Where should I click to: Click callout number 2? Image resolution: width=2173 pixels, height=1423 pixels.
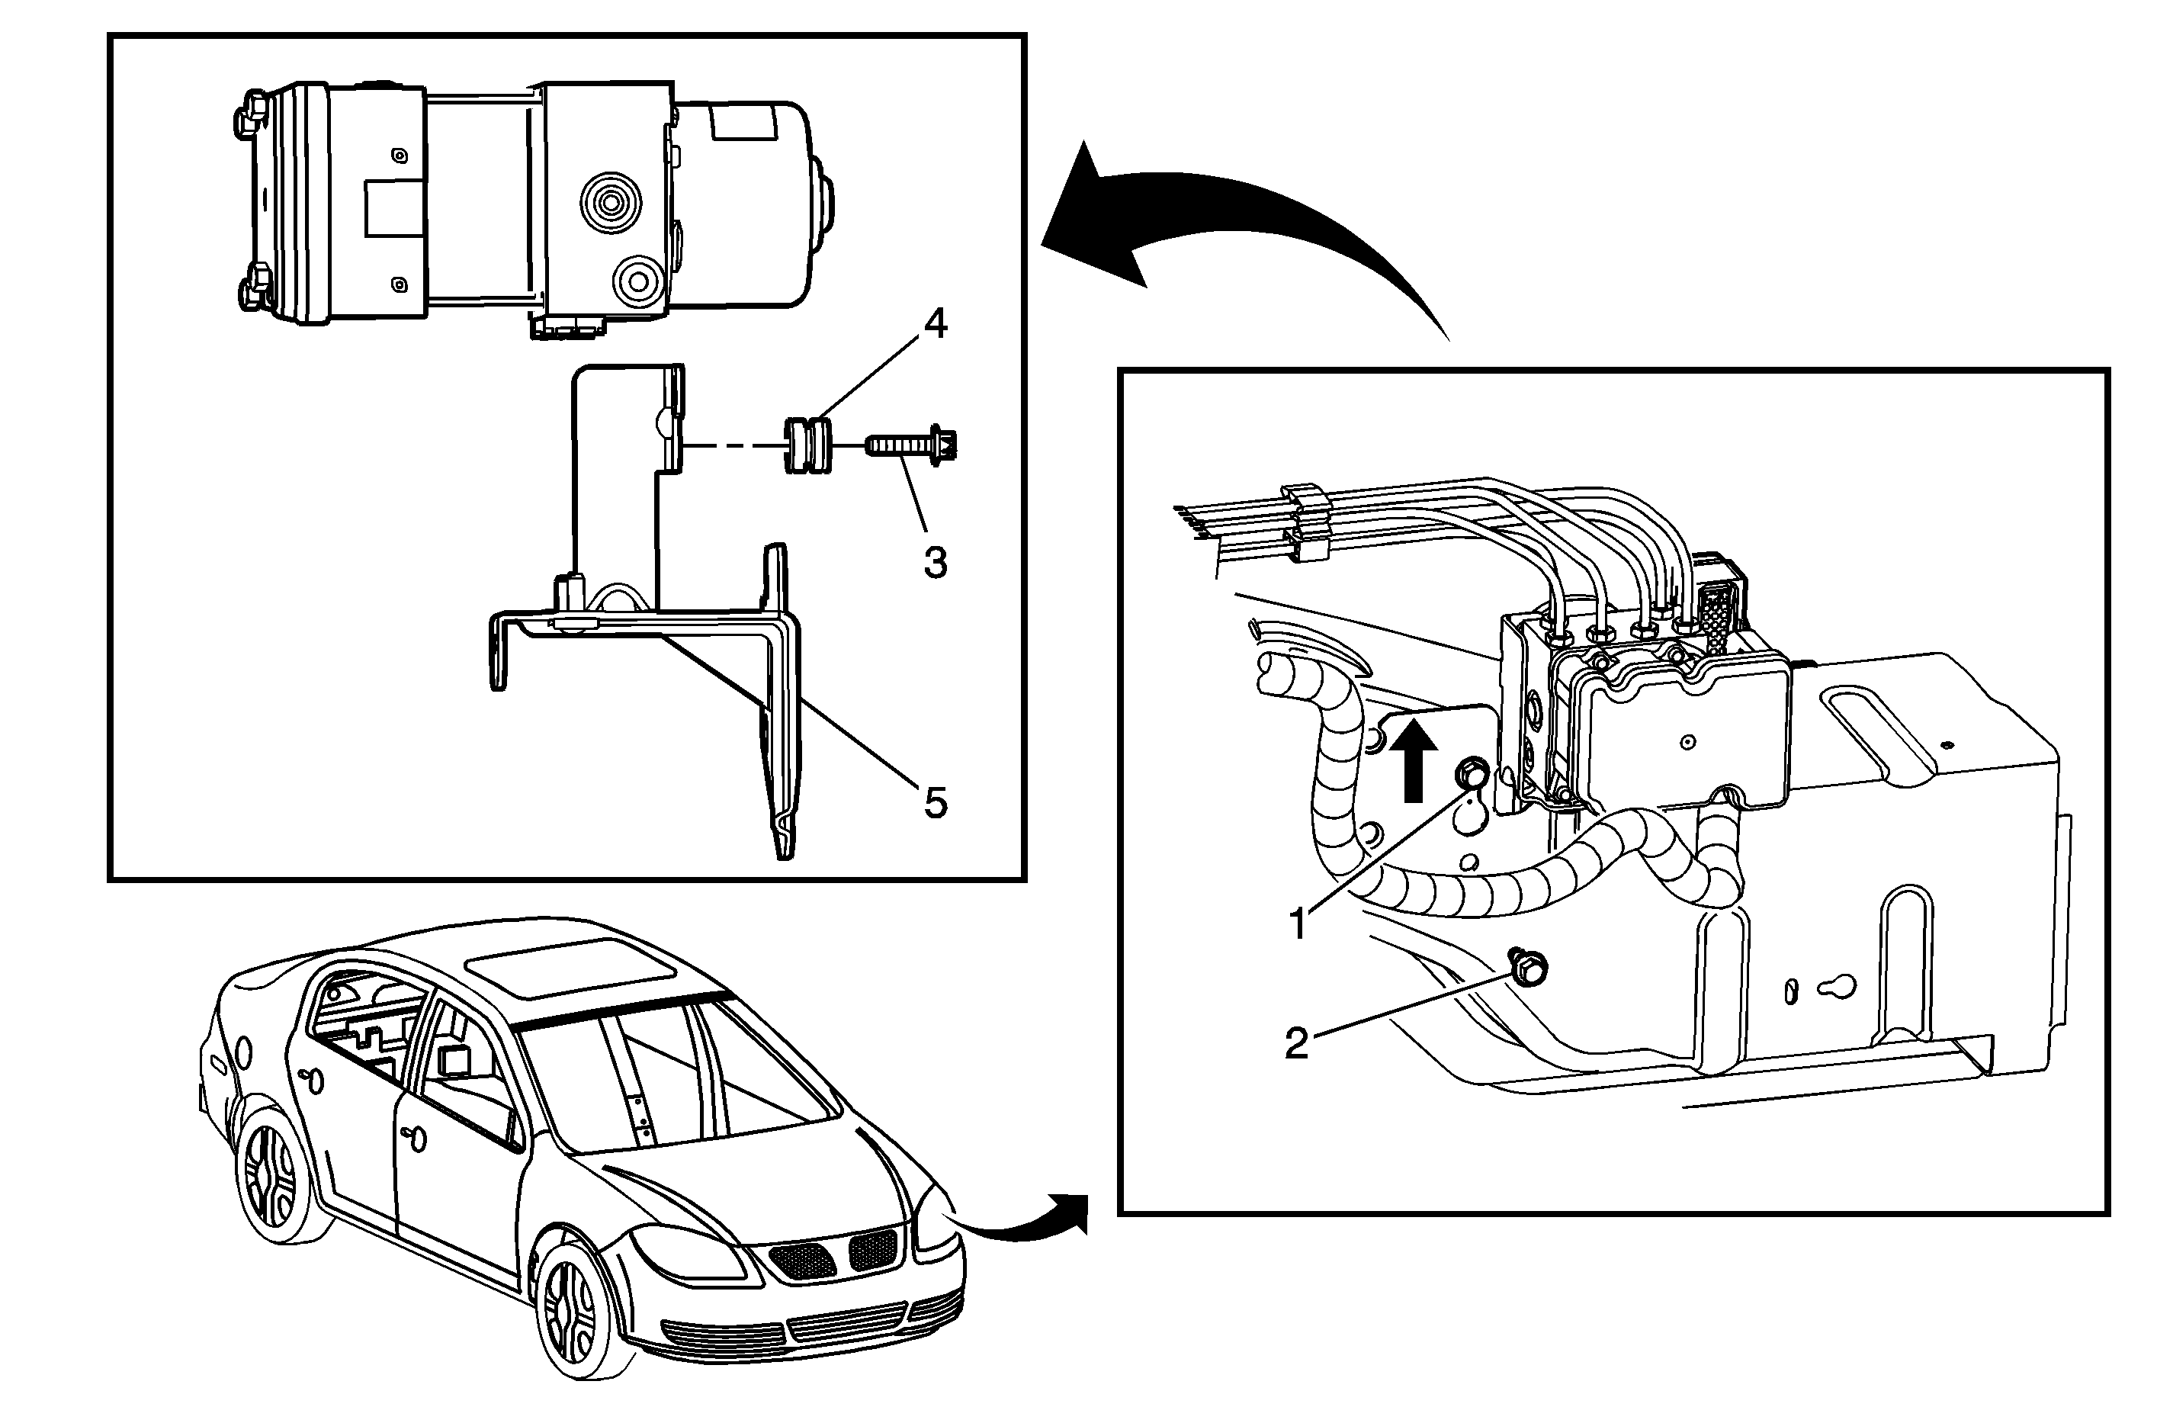tap(1296, 1043)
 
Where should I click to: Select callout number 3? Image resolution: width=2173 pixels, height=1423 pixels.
tap(935, 563)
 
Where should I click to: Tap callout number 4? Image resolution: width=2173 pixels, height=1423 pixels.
tap(934, 323)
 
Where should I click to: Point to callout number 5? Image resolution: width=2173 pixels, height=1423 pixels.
tap(935, 803)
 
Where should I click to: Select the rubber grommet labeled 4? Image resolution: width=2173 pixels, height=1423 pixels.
tap(808, 445)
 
